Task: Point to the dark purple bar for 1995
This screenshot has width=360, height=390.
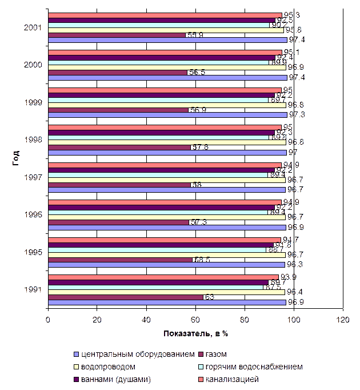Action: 161,245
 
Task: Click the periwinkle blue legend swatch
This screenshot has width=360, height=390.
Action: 75,354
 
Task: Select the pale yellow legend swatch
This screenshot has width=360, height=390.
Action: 75,367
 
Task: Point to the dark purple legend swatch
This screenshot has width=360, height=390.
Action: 75,379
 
